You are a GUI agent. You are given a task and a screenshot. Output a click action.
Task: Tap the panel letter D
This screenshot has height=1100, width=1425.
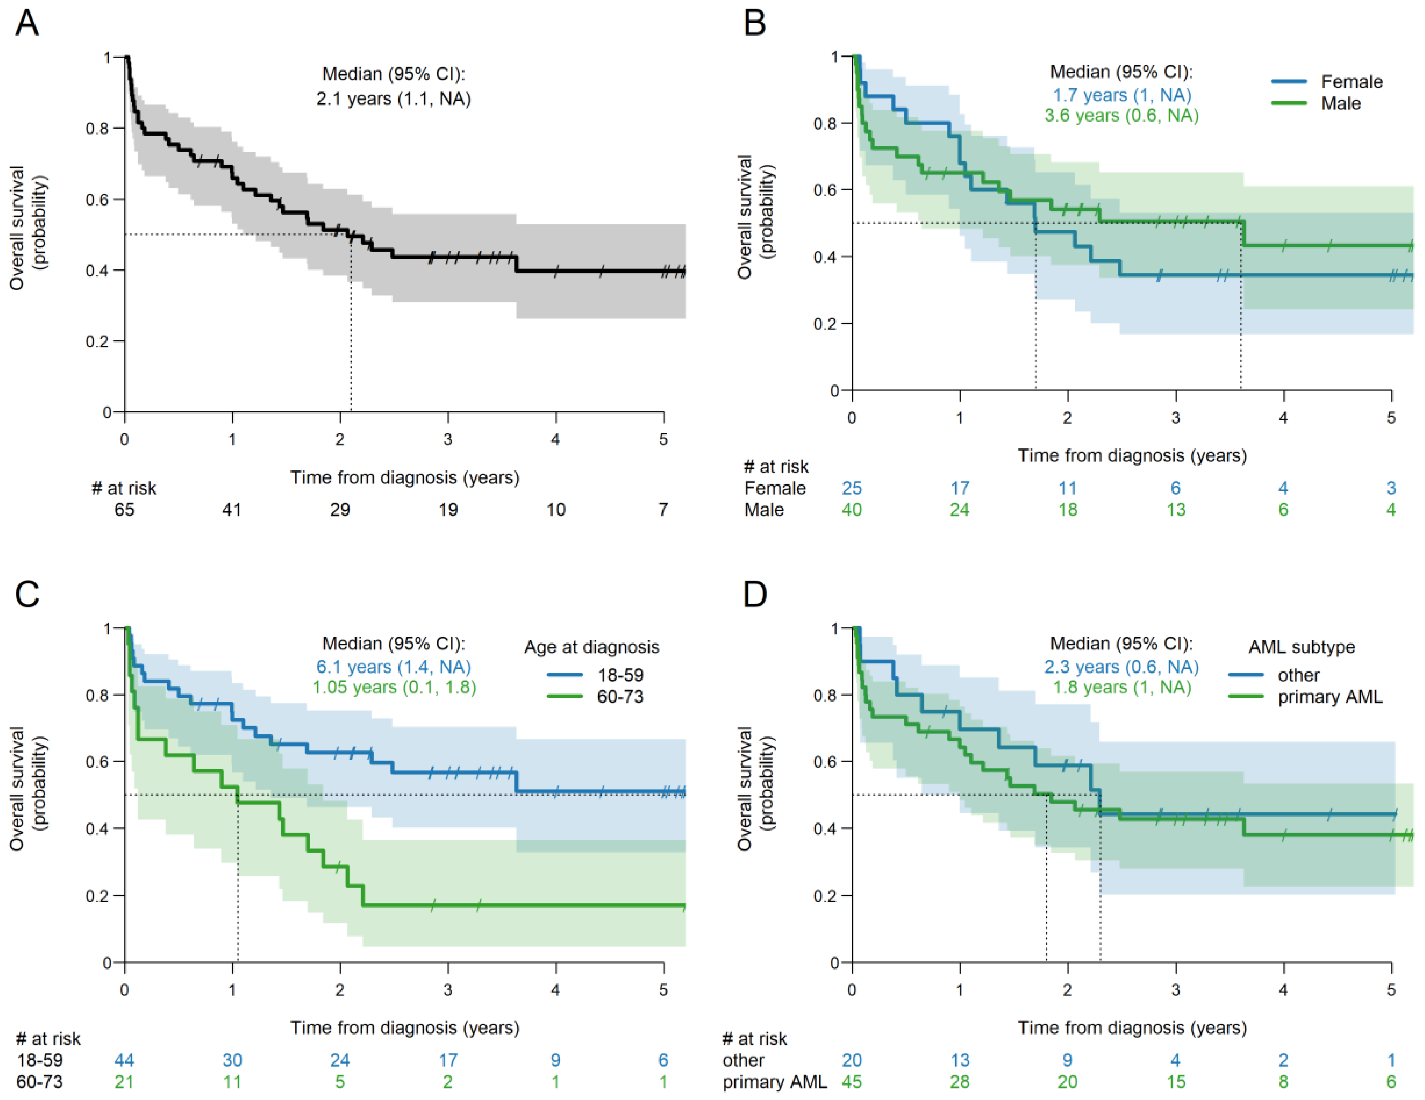pyautogui.click(x=755, y=594)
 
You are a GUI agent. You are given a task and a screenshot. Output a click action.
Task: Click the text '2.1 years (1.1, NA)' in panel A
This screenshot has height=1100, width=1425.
pyautogui.click(x=393, y=98)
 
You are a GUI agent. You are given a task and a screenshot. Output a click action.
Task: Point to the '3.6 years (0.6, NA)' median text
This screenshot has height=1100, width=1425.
pyautogui.click(x=1121, y=115)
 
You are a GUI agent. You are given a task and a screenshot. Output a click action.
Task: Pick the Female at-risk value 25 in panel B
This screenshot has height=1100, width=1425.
pyautogui.click(x=851, y=487)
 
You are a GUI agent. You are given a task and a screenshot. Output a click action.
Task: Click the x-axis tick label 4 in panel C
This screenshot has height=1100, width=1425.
pyautogui.click(x=555, y=989)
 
